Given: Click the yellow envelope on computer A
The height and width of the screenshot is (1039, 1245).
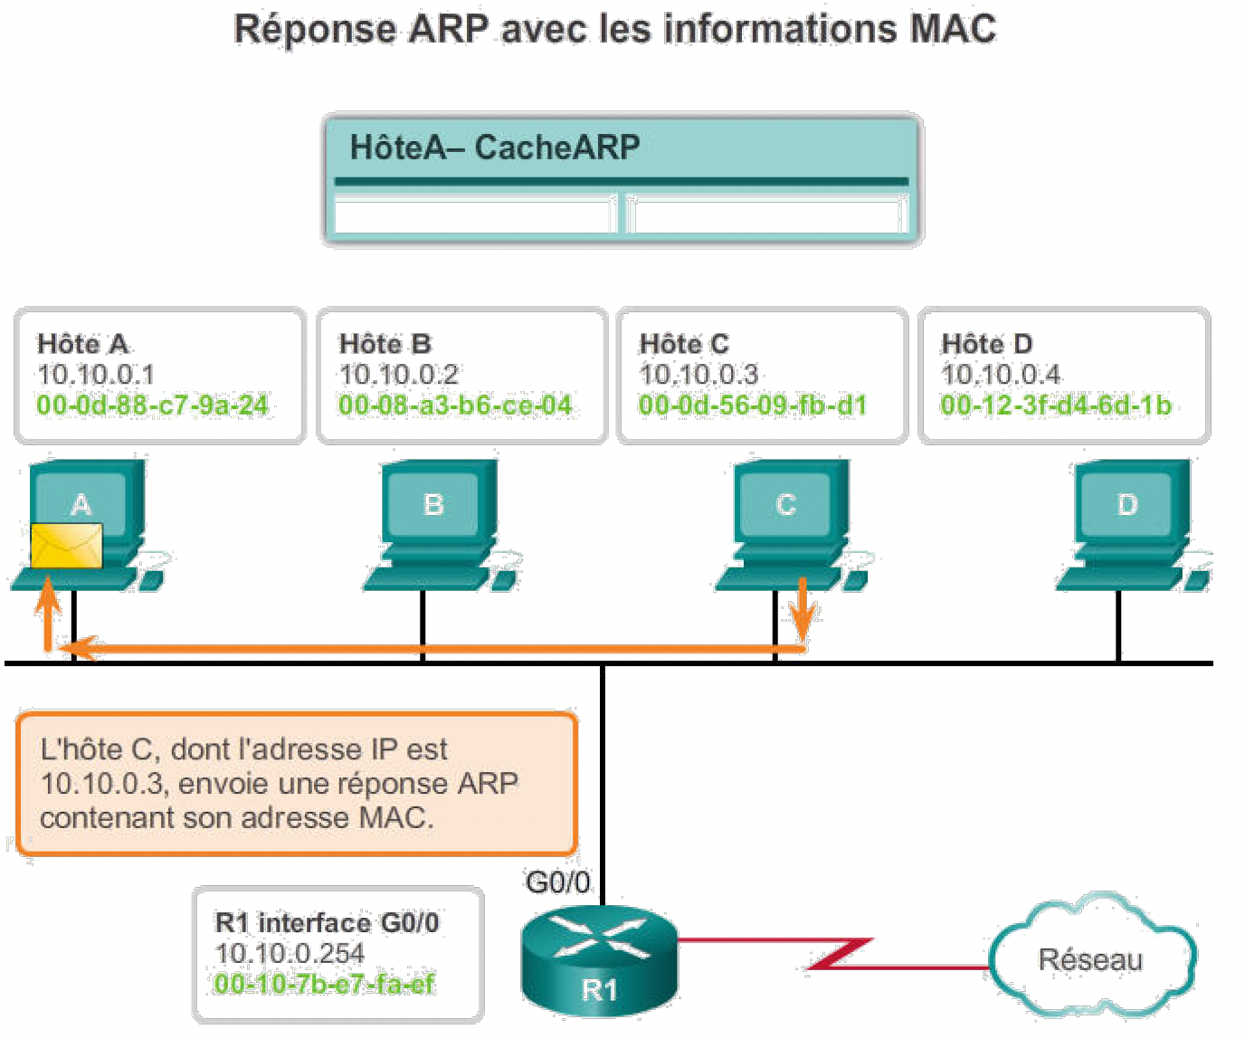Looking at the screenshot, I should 67,546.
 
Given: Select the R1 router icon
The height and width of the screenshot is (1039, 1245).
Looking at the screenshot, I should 599,959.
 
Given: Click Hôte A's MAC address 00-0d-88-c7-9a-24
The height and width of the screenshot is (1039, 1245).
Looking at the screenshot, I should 153,405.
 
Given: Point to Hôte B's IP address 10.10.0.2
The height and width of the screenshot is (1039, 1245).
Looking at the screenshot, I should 399,374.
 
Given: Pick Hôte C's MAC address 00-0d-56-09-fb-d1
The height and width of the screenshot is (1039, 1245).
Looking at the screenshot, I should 753,405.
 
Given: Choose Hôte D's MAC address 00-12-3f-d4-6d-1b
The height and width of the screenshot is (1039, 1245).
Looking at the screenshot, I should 1056,405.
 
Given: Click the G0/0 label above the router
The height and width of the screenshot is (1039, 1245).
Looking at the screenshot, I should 557,882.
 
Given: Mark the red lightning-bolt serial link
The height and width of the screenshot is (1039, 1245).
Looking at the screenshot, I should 840,953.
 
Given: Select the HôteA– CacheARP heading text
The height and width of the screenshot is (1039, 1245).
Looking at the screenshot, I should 495,147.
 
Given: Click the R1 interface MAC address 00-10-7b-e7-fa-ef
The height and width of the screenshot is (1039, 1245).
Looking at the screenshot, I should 325,984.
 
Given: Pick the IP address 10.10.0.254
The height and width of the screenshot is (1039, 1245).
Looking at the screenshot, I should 290,953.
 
